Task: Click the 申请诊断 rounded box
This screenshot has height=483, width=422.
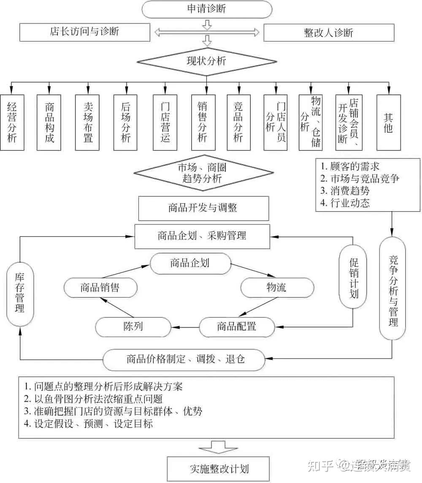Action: (206, 9)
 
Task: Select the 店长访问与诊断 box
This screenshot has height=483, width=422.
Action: (85, 32)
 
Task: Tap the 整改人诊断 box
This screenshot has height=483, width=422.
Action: (328, 33)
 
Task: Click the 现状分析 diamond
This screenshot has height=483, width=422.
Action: (206, 62)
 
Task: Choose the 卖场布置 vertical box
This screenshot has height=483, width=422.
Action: (87, 122)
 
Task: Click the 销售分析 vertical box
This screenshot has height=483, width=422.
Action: (203, 122)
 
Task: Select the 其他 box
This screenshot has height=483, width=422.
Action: (388, 122)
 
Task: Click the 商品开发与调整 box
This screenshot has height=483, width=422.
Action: (203, 209)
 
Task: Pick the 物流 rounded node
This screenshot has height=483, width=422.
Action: (277, 288)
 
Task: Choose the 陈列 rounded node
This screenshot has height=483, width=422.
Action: (133, 326)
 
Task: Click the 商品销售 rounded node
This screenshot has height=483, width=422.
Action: (100, 288)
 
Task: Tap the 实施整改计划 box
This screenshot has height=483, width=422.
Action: (218, 469)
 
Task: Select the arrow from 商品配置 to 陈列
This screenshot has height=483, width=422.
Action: (185, 326)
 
